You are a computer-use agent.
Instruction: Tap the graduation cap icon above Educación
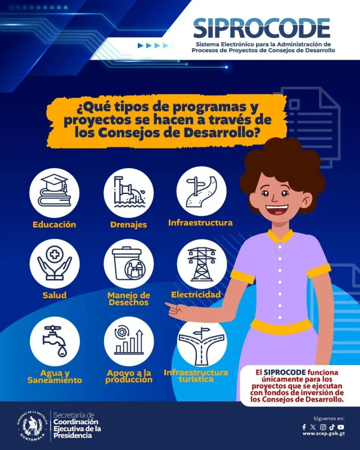point(54,191)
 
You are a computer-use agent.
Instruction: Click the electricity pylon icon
point(202,263)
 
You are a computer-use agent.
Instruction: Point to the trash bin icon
point(128,263)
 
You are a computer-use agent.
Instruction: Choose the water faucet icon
point(55,341)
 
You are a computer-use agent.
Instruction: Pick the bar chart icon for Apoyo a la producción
point(129,341)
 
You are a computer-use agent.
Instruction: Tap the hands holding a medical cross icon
point(54,263)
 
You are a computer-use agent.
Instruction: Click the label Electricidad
point(196,294)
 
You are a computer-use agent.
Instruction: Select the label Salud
point(55,295)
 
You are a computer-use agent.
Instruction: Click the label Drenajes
point(128,224)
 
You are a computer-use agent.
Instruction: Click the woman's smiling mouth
point(276,210)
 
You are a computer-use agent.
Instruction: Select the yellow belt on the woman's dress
point(281,326)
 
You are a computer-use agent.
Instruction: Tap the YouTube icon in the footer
point(341,427)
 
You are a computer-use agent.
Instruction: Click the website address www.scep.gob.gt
point(323,434)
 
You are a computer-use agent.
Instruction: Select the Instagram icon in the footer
point(323,427)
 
